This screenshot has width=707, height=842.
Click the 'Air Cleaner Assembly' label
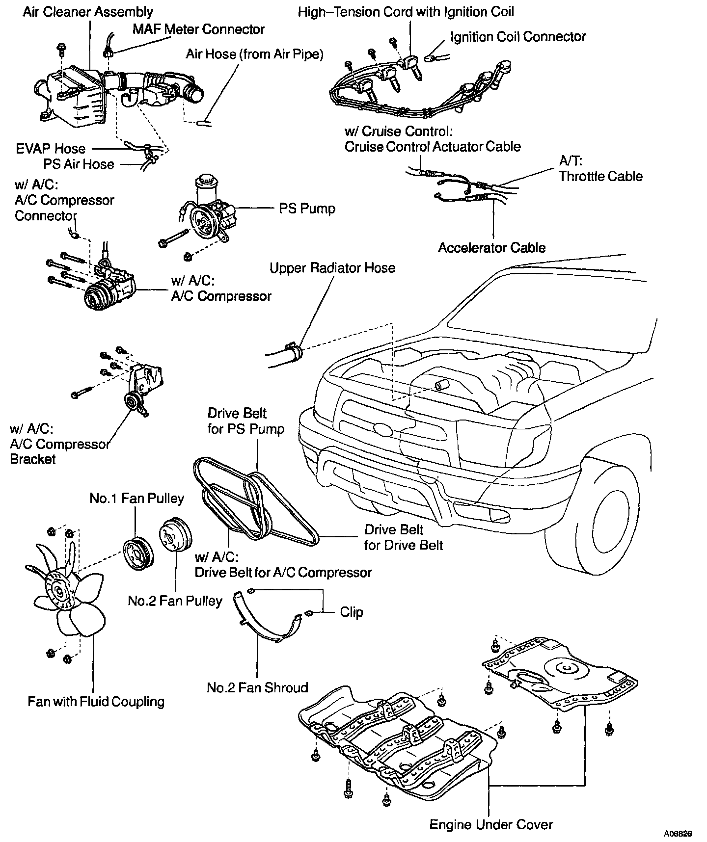(88, 12)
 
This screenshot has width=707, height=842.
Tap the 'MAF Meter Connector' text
(198, 29)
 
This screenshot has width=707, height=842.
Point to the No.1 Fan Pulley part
(137, 554)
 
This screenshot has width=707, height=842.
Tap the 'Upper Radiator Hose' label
(332, 268)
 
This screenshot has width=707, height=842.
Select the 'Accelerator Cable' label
(491, 247)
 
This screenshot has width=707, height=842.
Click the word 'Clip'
(352, 612)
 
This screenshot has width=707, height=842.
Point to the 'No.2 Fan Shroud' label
(257, 687)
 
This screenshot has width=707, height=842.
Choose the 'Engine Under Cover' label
(491, 824)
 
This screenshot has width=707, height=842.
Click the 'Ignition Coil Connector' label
(518, 37)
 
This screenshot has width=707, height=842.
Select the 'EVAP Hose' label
(51, 149)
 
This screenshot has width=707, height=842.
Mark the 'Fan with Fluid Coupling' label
(96, 702)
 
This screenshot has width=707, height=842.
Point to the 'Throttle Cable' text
(600, 176)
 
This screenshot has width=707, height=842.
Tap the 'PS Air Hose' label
(79, 164)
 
